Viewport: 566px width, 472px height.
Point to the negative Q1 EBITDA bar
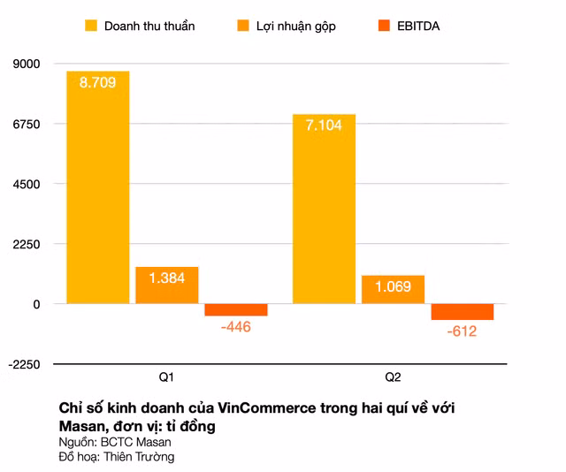coord(235,309)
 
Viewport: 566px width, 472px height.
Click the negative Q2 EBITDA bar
coord(462,311)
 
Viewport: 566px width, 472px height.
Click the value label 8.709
coord(97,82)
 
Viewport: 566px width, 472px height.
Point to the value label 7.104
coord(324,126)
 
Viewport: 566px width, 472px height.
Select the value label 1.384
coord(166,278)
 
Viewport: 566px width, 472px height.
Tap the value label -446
coord(235,327)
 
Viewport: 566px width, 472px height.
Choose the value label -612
coord(462,331)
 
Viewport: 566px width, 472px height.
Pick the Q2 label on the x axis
coord(393,378)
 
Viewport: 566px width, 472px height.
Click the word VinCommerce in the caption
coord(265,407)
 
